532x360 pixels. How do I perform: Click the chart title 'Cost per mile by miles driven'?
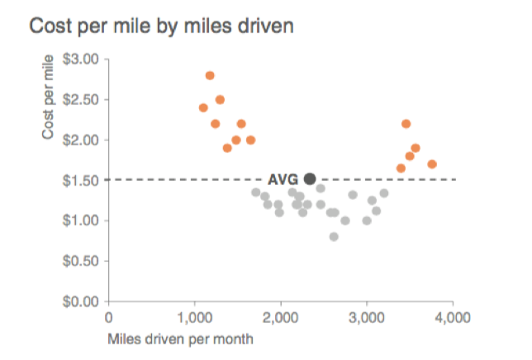tap(162, 26)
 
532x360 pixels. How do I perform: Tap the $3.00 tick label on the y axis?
tap(80, 59)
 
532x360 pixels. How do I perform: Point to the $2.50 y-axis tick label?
tap(80, 100)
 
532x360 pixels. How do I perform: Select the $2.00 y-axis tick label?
tap(80, 140)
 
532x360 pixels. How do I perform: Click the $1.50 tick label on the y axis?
tap(80, 180)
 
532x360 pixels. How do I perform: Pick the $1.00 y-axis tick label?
tap(80, 220)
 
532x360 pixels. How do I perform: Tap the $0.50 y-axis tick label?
tap(80, 261)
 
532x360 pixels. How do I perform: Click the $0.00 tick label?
tap(80, 301)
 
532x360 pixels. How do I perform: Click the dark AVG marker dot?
tap(310, 178)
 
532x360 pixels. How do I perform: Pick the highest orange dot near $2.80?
tap(210, 75)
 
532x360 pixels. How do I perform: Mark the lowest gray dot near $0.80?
tap(334, 236)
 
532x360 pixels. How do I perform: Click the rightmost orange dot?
tap(432, 164)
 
